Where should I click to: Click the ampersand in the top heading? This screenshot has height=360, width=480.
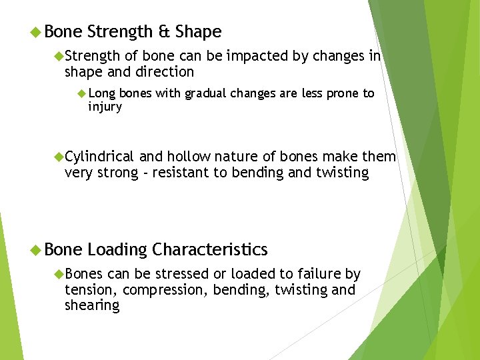165,32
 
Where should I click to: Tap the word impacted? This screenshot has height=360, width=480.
256,56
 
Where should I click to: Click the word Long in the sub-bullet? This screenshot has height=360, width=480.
101,93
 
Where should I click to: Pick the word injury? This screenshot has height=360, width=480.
105,107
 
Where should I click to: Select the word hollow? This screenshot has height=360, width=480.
188,157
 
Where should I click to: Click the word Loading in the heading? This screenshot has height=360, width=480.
117,250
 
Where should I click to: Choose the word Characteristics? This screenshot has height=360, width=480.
209,250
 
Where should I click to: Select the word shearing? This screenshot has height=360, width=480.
91,306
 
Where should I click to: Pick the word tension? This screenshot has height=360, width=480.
91,290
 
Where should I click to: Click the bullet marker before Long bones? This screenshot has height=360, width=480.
82,93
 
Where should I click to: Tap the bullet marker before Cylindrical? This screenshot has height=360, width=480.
58,157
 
